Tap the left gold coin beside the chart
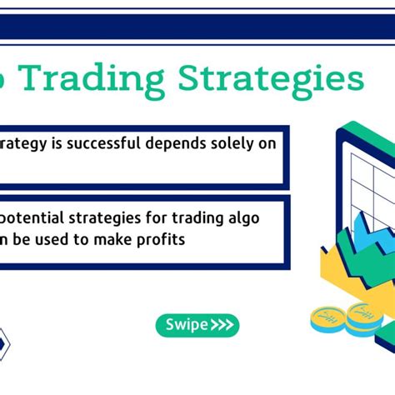click(327, 317)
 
